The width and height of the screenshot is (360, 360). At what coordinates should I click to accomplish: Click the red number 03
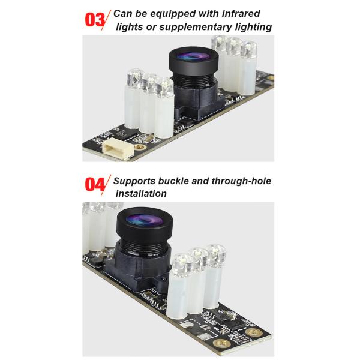95,20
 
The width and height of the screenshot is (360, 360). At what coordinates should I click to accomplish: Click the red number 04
95,184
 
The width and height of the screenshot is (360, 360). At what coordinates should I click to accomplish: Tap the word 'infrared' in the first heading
241,13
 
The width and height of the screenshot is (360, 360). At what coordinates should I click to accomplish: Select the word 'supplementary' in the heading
196,27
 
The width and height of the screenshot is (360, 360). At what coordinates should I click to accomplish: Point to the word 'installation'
141,194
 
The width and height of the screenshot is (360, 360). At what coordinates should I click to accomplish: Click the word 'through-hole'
241,181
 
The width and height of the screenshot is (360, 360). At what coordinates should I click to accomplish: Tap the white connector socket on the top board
116,149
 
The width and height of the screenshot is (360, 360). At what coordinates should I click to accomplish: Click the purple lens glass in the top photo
193,56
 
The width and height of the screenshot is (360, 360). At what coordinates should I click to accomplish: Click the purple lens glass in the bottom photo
143,220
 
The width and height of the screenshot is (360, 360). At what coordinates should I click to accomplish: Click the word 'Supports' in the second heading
134,181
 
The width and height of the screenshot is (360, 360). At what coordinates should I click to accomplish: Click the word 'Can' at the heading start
123,13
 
